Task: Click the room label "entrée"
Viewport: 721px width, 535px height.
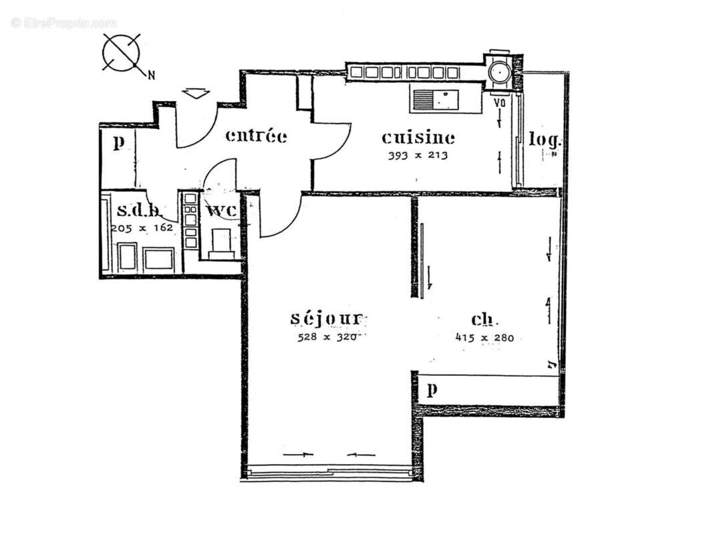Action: pyautogui.click(x=256, y=136)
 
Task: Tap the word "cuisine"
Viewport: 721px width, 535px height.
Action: pyautogui.click(x=418, y=138)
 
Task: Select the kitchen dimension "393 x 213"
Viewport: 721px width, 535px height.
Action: pyautogui.click(x=418, y=156)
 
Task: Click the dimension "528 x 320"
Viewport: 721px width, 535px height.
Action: pyautogui.click(x=328, y=337)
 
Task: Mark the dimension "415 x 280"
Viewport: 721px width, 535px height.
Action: pyautogui.click(x=484, y=338)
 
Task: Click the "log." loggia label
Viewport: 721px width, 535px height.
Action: pyautogui.click(x=544, y=140)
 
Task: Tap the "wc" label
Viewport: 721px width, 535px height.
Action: pyautogui.click(x=221, y=211)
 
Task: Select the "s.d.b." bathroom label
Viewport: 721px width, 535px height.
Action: pyautogui.click(x=139, y=211)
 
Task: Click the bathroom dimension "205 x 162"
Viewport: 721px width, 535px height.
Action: pyautogui.click(x=142, y=227)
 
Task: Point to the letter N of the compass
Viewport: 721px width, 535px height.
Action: pyautogui.click(x=152, y=76)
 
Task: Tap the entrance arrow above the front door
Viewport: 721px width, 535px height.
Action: pyautogui.click(x=196, y=94)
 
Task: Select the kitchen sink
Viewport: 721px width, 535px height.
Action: pyautogui.click(x=434, y=100)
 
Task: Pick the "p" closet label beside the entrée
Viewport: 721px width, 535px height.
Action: pyautogui.click(x=118, y=142)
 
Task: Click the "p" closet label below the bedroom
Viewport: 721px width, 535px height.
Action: pyautogui.click(x=432, y=390)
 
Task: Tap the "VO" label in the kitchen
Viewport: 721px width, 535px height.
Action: pyautogui.click(x=498, y=104)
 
